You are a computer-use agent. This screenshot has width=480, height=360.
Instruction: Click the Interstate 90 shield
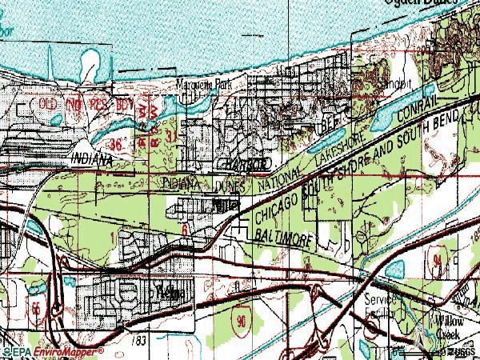click(x=240, y=320)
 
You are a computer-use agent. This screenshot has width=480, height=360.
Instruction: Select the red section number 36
click(x=118, y=145)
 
